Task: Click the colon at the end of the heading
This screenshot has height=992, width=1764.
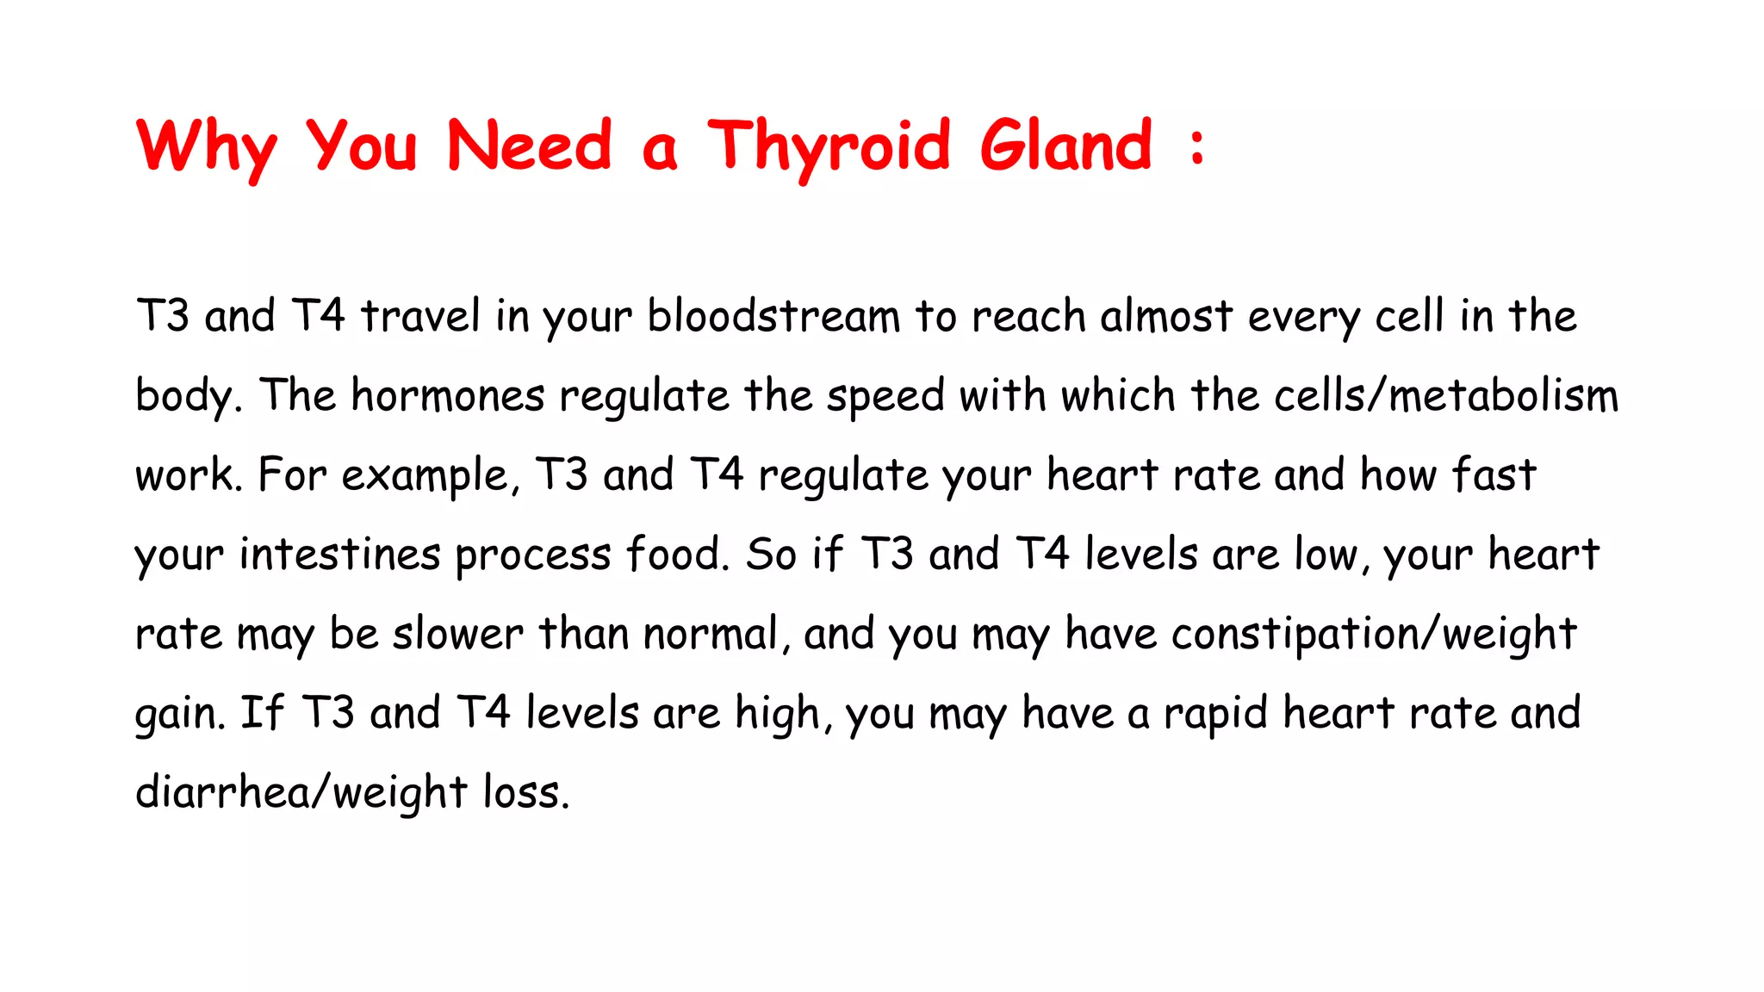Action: coord(1196,146)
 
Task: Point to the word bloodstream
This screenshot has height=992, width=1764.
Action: coord(773,316)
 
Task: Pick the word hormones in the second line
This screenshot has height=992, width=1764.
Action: coord(448,396)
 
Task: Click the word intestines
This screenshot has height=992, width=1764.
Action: coord(339,554)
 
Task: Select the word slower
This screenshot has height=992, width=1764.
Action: coord(457,634)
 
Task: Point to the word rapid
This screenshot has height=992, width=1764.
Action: coord(1215,714)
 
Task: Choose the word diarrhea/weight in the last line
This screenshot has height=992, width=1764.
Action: coord(301,792)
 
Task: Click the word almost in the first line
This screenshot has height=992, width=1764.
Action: coord(1166,316)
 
